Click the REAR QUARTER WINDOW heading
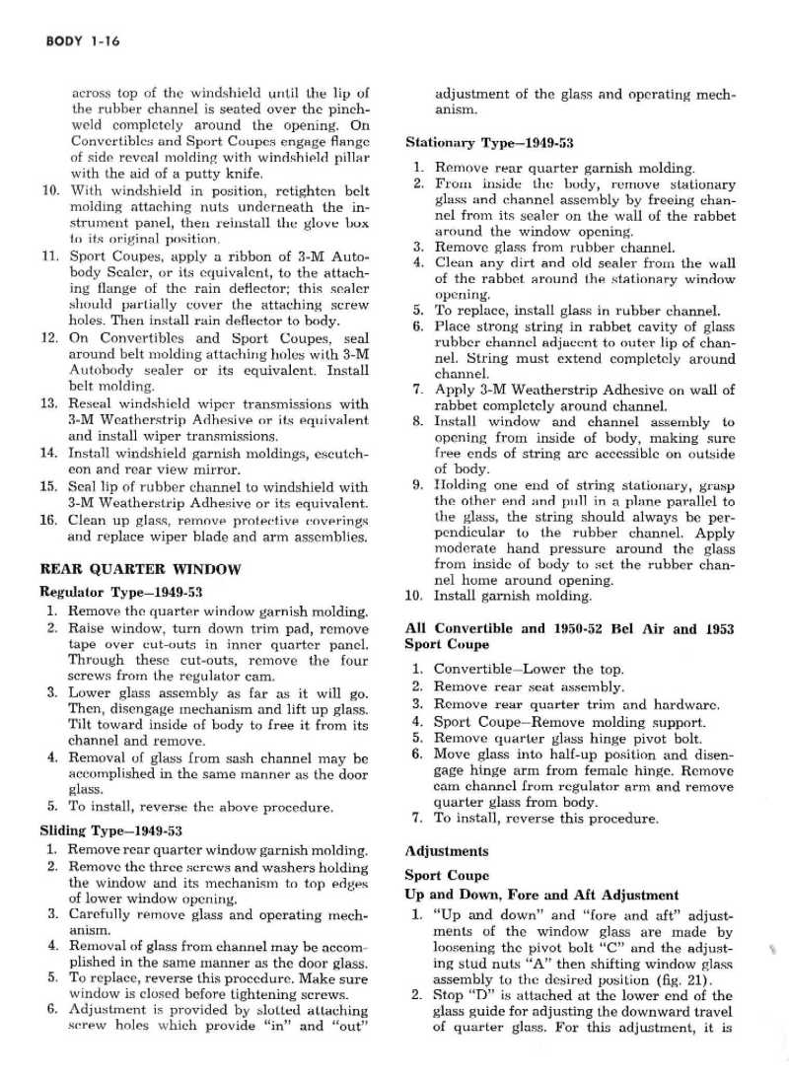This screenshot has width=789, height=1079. click(139, 569)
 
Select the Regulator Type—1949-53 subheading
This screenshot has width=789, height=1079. click(120, 592)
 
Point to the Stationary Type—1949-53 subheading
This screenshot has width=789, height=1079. click(489, 142)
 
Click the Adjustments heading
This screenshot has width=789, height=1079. click(446, 850)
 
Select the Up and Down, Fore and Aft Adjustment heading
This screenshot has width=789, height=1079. click(541, 896)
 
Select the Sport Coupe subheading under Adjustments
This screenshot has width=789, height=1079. click(447, 875)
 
